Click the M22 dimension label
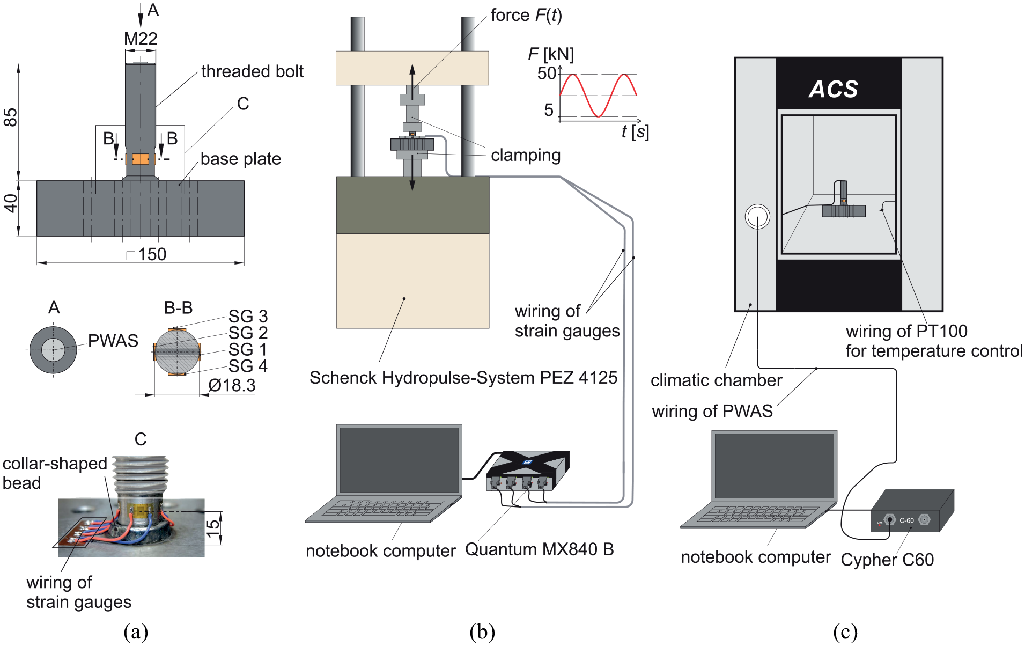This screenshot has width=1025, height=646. [x=141, y=39]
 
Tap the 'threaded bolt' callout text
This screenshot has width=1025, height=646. [x=252, y=71]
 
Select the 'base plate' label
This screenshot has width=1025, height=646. [x=241, y=159]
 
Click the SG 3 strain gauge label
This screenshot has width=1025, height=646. [x=248, y=316]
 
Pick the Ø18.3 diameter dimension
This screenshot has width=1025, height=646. [x=232, y=385]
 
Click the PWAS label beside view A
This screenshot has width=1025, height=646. [x=113, y=341]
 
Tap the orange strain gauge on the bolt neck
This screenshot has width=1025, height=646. [x=141, y=159]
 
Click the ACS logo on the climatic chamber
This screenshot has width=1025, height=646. [x=834, y=89]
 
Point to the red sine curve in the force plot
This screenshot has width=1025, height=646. [x=598, y=95]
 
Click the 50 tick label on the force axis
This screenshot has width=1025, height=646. [x=547, y=73]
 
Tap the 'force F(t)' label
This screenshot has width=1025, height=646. [x=526, y=16]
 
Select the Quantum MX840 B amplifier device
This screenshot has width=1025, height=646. [x=528, y=471]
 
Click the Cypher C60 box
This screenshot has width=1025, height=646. [x=912, y=511]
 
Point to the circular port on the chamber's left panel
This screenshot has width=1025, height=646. [x=757, y=217]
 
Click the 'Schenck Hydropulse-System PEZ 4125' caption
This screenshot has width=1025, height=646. [x=463, y=378]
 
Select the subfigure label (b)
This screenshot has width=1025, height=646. [x=482, y=632]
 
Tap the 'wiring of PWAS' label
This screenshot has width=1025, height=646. [x=712, y=411]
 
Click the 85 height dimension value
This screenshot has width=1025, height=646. [x=11, y=117]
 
